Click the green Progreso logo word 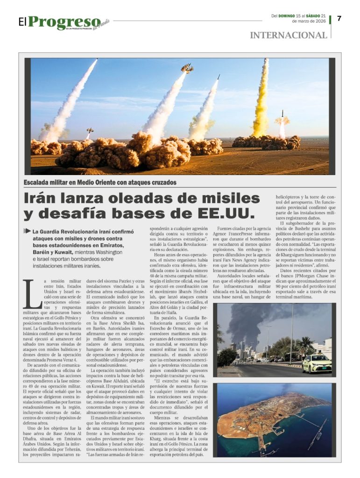tap(64, 21)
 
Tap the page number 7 tap(339, 19)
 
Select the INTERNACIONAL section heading tap(289, 35)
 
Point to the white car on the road tap(317, 363)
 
